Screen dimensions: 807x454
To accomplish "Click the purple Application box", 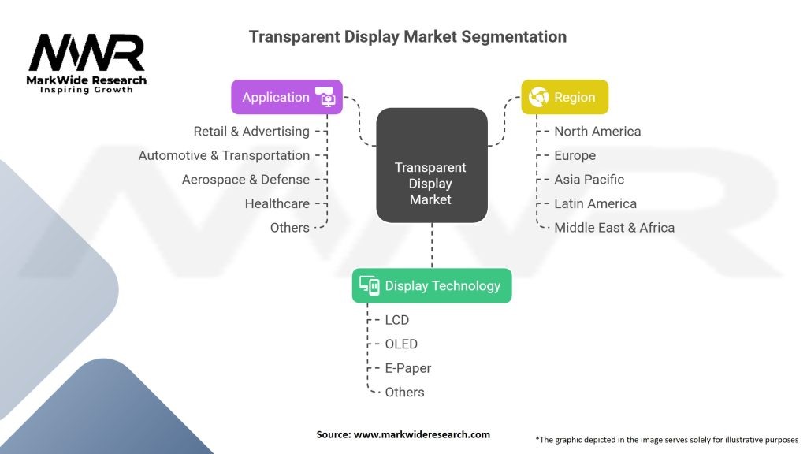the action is pyautogui.click(x=287, y=97).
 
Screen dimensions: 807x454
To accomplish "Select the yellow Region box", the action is pyautogui.click(x=564, y=97).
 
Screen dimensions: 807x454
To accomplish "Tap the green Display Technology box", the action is pyautogui.click(x=432, y=285).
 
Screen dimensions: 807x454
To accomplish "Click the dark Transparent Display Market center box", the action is pyautogui.click(x=432, y=166).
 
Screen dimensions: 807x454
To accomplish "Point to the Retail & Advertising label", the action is pyautogui.click(x=251, y=132).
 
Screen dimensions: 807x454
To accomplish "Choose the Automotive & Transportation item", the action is pyautogui.click(x=225, y=155).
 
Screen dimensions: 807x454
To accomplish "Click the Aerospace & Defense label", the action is pyautogui.click(x=246, y=180).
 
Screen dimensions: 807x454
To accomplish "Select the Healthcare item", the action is pyautogui.click(x=277, y=204).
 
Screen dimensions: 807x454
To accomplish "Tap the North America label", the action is pyautogui.click(x=597, y=132).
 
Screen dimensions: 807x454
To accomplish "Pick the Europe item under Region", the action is pyautogui.click(x=575, y=155).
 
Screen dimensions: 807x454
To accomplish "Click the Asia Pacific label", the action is pyautogui.click(x=589, y=180).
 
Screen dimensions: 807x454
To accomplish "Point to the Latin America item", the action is pyautogui.click(x=596, y=204).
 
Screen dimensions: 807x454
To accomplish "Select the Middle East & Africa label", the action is pyautogui.click(x=615, y=228).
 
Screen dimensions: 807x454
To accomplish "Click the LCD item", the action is pyautogui.click(x=397, y=320).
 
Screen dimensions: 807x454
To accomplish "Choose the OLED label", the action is pyautogui.click(x=401, y=344).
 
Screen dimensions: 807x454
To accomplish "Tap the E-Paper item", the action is pyautogui.click(x=408, y=368).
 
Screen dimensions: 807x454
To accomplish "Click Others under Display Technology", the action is pyautogui.click(x=404, y=393).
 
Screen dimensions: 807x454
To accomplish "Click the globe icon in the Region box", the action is pyautogui.click(x=538, y=97).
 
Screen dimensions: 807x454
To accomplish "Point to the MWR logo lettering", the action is pyautogui.click(x=87, y=52).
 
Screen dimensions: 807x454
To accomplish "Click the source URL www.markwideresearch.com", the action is pyautogui.click(x=422, y=434).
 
